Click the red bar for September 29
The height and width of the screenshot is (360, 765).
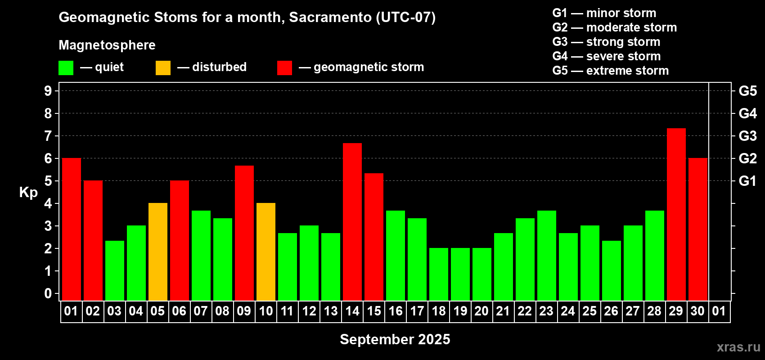pos(676,214)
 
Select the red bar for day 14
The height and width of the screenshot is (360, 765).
pos(352,222)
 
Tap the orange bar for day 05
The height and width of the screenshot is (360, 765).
pos(158,252)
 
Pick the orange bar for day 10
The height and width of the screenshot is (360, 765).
pos(265,252)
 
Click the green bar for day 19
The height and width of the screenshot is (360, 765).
pos(460,274)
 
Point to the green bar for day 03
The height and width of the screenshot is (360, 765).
pos(114,270)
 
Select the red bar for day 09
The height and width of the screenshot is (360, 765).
pos(244,233)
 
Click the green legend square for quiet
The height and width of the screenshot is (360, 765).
pos(66,68)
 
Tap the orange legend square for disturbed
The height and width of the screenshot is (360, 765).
pos(163,68)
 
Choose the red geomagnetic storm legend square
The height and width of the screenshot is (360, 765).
pos(284,68)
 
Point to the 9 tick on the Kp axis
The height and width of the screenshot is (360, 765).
pos(48,91)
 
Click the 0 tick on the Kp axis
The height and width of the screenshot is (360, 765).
pos(48,293)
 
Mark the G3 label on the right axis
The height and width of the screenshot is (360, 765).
pos(747,136)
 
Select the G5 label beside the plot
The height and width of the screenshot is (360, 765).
pos(747,91)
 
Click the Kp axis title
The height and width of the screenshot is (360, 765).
pos(28,192)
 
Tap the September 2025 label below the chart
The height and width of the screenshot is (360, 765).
pos(395,339)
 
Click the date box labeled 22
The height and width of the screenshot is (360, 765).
pos(525,311)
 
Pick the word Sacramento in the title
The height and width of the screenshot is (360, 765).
pos(330,17)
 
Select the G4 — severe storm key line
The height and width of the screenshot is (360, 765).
pos(607,56)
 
